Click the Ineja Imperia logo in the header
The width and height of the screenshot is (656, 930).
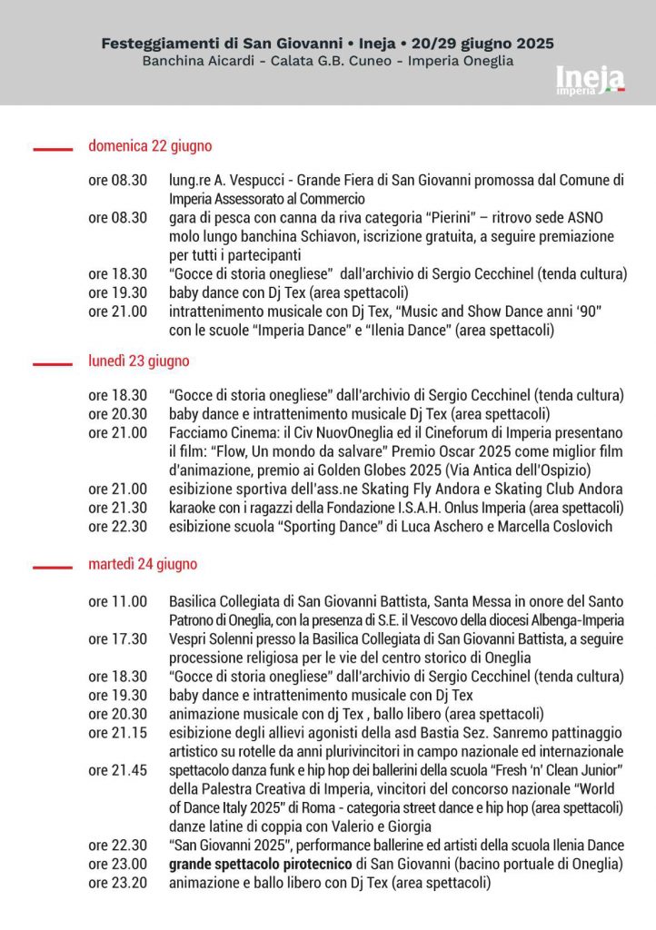pyautogui.click(x=590, y=79)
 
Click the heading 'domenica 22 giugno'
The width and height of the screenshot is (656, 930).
pyautogui.click(x=150, y=145)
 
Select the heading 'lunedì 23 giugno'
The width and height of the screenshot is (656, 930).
pyautogui.click(x=139, y=361)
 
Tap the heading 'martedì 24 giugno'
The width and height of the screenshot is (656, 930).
pyautogui.click(x=143, y=564)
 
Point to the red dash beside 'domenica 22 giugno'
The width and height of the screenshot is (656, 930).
pyautogui.click(x=53, y=148)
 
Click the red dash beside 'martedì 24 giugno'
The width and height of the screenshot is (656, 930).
pyautogui.click(x=53, y=567)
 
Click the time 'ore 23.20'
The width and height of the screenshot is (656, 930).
pyautogui.click(x=117, y=882)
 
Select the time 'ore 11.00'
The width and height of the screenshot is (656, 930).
pyautogui.click(x=117, y=601)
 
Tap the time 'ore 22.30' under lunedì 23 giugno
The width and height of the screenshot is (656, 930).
pyautogui.click(x=117, y=526)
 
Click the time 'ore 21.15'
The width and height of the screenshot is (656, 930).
pyautogui.click(x=117, y=733)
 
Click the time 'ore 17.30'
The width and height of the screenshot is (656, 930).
pyautogui.click(x=117, y=638)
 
